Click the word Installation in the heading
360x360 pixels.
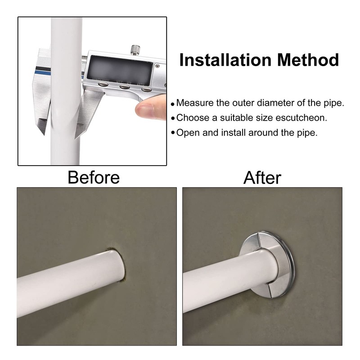(x=225, y=60)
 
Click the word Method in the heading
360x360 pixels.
(x=308, y=60)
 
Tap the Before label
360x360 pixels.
(x=94, y=177)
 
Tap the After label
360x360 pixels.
(x=262, y=178)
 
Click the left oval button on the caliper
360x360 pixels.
(x=103, y=84)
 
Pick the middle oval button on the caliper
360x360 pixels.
(x=125, y=86)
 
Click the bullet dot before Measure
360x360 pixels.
(x=173, y=104)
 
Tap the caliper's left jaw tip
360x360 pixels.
(x=43, y=133)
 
